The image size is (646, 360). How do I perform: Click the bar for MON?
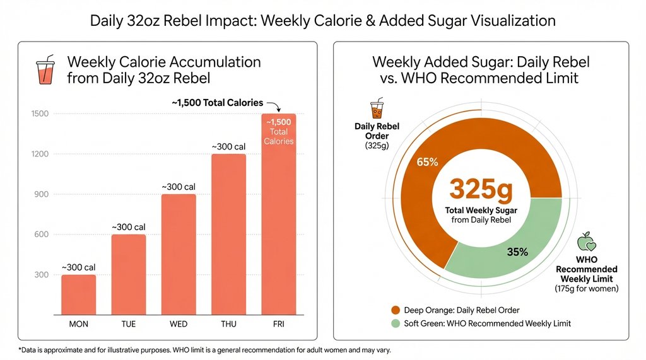click(x=78, y=294)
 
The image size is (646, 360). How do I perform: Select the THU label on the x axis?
click(x=228, y=324)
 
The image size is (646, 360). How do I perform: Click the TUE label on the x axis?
click(x=129, y=324)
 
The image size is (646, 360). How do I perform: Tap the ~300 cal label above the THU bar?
click(x=228, y=146)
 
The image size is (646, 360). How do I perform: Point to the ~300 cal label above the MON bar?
click(x=78, y=267)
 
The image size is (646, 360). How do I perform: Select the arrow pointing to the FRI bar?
click(x=273, y=105)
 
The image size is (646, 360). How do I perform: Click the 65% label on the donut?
click(x=427, y=162)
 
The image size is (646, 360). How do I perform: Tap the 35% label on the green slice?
click(x=517, y=252)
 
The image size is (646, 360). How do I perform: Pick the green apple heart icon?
click(x=587, y=241)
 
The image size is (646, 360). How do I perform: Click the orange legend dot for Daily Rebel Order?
click(x=396, y=310)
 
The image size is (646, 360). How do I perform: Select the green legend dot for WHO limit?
click(x=396, y=323)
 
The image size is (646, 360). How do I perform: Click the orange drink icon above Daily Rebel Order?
click(x=377, y=109)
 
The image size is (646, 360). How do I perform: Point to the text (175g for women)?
click(x=587, y=289)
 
